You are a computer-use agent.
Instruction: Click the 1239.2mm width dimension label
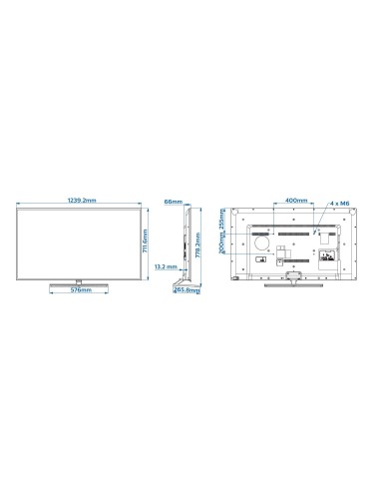tap(77, 201)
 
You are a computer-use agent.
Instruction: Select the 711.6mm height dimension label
tap(146, 242)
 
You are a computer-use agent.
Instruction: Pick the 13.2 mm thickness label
tap(167, 268)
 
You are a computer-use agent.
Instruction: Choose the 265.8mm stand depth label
tap(183, 292)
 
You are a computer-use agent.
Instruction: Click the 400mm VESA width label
tap(295, 201)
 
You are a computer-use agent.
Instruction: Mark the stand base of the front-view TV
tap(77, 283)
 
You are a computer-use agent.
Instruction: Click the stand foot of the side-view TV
tap(183, 283)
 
